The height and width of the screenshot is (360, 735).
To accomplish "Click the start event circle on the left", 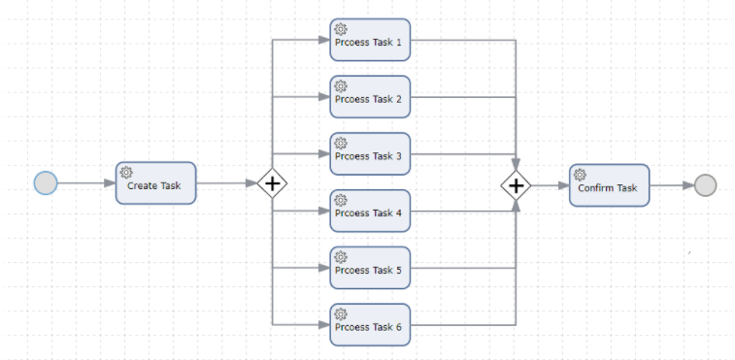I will pos(46,182).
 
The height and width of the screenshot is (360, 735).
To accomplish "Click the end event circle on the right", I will pos(706,184).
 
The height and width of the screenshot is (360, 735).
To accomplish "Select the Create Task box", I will pos(155,183).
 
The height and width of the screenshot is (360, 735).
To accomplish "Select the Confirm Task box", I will pos(609,184).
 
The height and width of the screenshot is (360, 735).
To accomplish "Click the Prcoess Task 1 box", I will pos(370,40).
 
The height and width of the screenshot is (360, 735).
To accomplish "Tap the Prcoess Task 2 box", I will pos(370,97).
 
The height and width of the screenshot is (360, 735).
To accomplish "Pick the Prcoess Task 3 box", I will pos(370,154).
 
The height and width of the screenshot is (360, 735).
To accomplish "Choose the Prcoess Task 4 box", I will pos(370,211).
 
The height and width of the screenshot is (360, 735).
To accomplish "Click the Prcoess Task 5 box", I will pos(370,268).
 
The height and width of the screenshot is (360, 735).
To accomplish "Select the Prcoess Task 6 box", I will pos(370,325).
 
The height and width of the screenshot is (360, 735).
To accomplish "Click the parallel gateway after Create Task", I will pos(273,183).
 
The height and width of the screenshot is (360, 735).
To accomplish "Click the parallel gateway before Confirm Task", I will pos(516,184).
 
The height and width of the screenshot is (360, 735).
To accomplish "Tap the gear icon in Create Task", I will pos(126,172).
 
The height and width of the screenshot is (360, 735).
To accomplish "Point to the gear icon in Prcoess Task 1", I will pos(341,29).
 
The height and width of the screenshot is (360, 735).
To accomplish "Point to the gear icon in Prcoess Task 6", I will pos(341,313).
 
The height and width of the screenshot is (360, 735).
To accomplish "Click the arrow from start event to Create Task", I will pos(85,182).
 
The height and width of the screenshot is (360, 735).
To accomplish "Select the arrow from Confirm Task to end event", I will pos(672,184).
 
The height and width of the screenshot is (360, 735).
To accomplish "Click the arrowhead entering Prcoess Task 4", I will pos(324,211).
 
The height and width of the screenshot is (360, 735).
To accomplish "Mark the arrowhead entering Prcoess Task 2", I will pos(324,97).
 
